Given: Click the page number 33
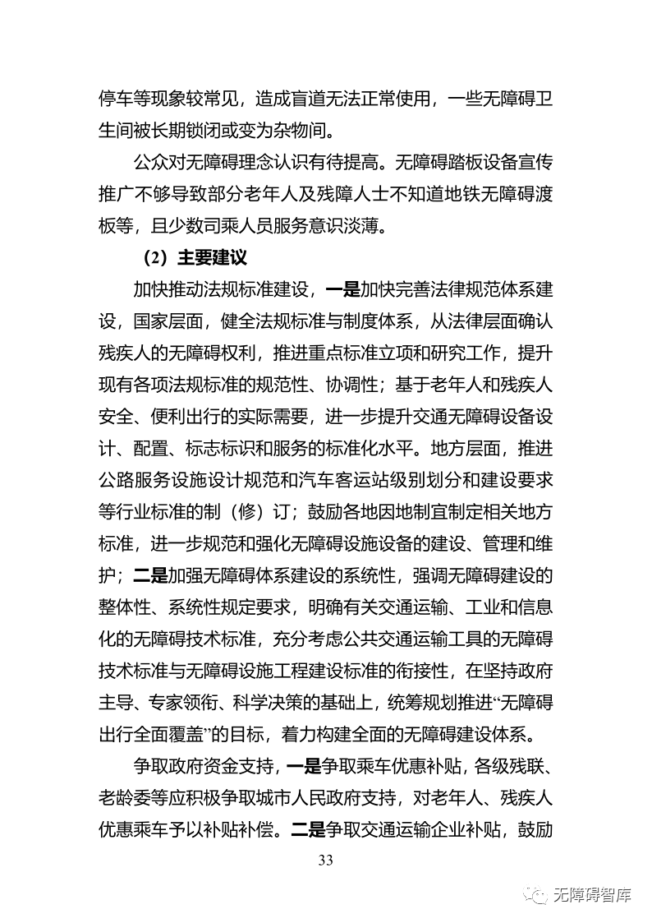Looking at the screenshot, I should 325,861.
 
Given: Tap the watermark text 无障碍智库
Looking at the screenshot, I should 593,895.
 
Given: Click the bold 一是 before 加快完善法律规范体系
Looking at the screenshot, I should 342,289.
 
